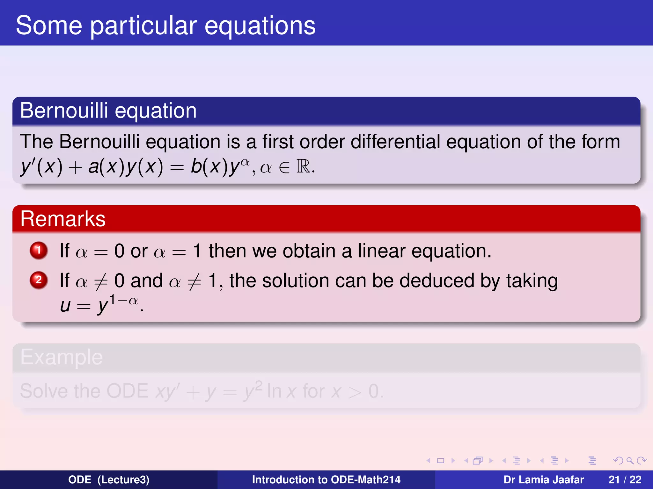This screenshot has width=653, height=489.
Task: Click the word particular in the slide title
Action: pos(143,26)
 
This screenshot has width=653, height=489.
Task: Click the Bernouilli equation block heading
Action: pos(108,111)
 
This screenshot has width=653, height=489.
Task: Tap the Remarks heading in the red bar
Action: pos(63,219)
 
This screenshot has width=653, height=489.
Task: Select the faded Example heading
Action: pos(62,357)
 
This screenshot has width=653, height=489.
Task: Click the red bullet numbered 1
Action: pos(39,250)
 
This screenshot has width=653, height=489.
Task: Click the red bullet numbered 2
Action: pos(39,280)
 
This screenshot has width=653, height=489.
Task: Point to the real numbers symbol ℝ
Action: pos(303,167)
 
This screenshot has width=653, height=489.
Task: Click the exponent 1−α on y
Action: pos(123,300)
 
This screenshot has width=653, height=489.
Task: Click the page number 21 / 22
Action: pos(625,479)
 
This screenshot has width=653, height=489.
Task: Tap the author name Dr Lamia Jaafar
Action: pos(543,479)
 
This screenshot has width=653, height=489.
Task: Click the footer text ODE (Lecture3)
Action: pos(109,479)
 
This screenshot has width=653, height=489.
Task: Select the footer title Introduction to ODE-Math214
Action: pos(326,479)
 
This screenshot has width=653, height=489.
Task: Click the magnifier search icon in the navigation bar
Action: pos(630,461)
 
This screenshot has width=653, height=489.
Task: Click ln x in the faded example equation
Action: pos(282,391)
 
